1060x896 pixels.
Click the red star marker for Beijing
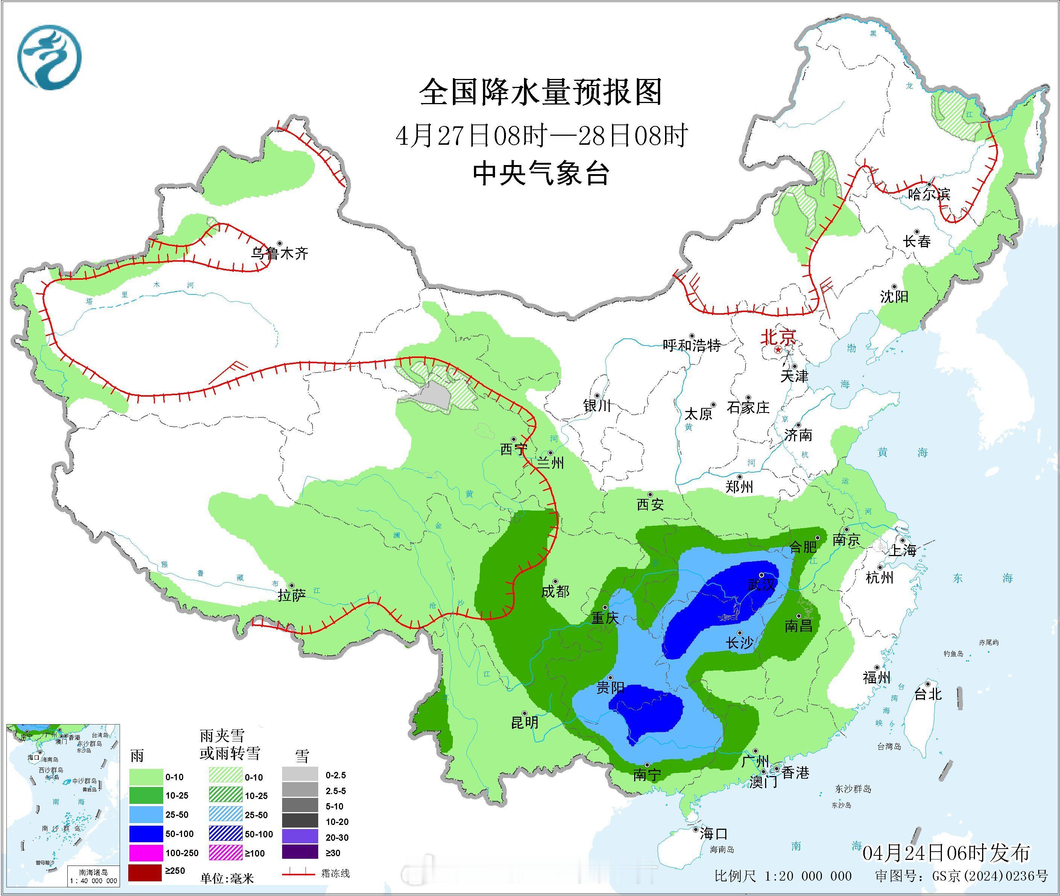[778, 351]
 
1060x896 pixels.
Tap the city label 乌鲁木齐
[280, 253]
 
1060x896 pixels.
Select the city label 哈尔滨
[929, 194]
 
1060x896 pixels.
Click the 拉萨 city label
[292, 595]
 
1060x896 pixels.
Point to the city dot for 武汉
[762, 575]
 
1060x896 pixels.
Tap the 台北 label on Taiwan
[928, 694]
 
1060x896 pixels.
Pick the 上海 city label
[902, 550]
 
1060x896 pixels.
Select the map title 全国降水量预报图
[542, 92]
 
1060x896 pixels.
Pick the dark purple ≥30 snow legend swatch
[300, 853]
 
